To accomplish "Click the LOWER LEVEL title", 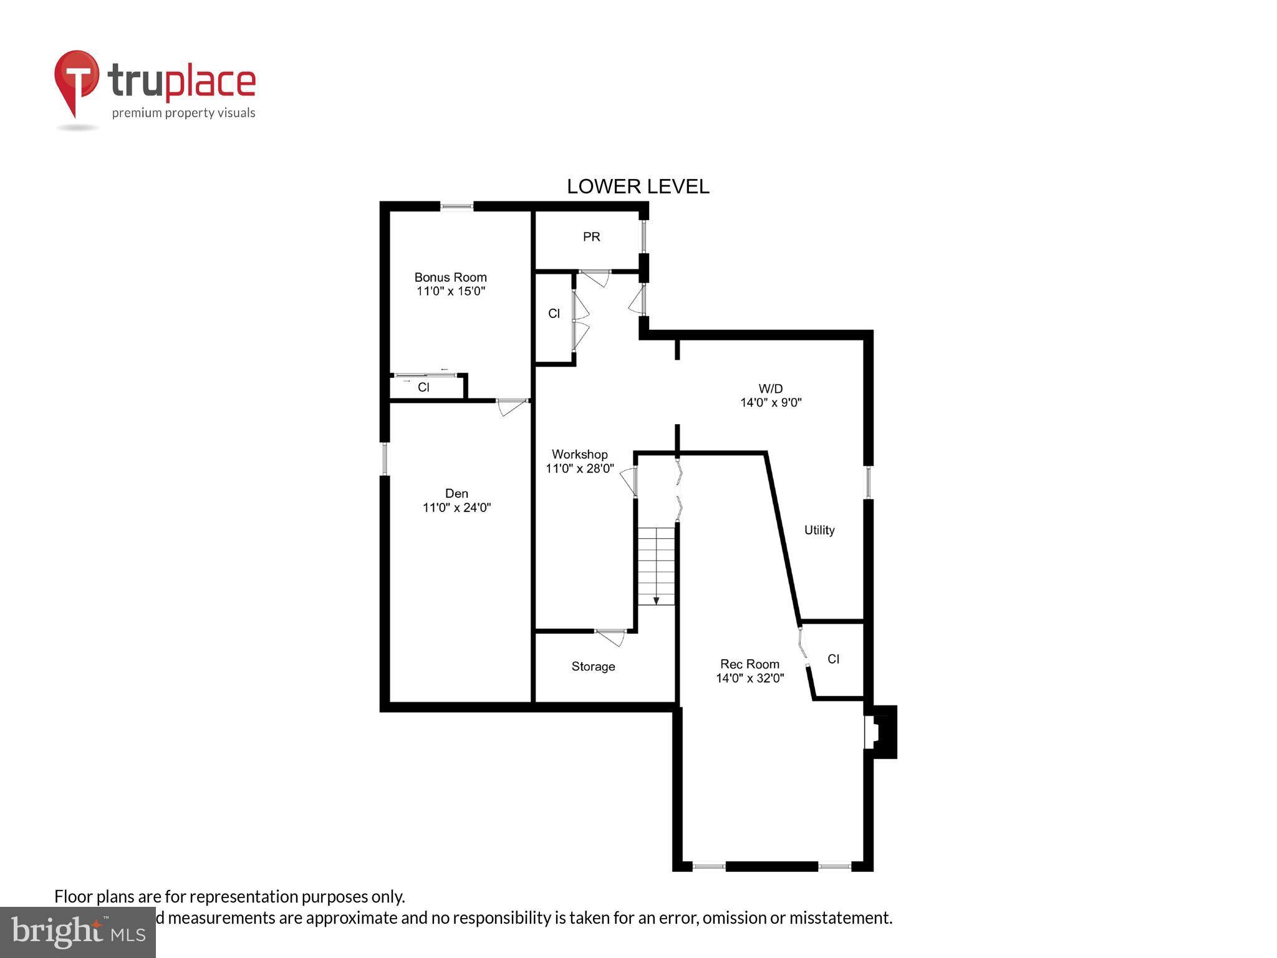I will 637,186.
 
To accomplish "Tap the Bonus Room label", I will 450,277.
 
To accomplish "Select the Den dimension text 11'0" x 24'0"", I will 456,508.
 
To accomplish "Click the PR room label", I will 591,237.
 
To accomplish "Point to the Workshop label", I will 579,454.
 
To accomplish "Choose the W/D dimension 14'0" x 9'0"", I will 771,403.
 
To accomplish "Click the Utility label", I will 819,530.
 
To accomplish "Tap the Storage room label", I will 593,667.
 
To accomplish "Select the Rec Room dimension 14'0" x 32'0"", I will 749,678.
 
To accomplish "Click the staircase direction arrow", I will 656,600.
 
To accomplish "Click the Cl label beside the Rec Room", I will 833,659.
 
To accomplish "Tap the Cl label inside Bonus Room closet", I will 423,387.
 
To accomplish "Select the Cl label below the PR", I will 554,314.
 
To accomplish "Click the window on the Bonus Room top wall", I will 456,206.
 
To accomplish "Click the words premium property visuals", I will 183,113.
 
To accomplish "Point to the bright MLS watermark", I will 77,932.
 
